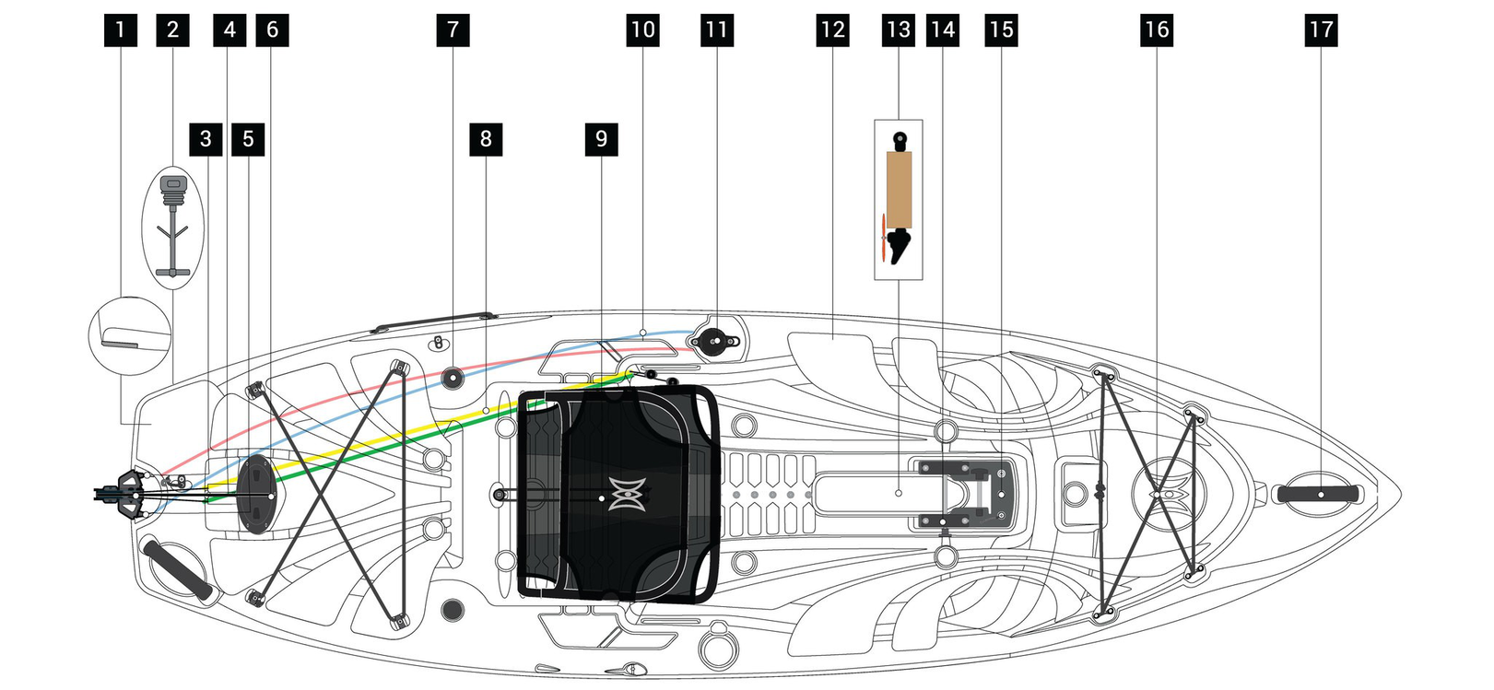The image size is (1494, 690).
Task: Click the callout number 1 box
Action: point(121,30)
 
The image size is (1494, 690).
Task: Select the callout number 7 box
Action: point(453,30)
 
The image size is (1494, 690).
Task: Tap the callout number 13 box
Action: point(899,30)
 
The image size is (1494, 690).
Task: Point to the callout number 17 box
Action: point(1322,30)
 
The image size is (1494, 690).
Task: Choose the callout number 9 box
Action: point(602,139)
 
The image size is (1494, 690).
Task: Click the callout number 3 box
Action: point(206,139)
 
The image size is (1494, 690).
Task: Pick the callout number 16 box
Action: point(1157,30)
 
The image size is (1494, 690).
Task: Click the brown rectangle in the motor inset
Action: point(899,190)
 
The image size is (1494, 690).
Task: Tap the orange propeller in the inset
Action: point(884,239)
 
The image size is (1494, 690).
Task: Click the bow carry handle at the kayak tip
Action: point(1318,494)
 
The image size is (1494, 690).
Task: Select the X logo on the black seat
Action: point(627,494)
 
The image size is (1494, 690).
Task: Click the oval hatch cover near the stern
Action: point(256,495)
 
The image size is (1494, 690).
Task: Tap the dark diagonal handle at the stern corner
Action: point(177,569)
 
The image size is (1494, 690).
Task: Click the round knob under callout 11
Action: point(714,342)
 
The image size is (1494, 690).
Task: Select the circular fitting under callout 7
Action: point(453,379)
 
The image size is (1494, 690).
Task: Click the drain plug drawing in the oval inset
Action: point(173,226)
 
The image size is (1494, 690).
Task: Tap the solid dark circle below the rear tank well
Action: point(453,610)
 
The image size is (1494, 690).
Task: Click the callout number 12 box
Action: point(832,30)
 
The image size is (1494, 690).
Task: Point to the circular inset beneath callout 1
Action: point(130,336)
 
